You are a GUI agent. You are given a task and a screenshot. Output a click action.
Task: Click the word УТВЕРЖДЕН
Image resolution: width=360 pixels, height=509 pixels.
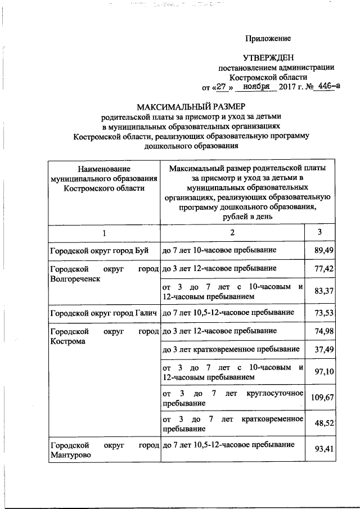tap(268, 58)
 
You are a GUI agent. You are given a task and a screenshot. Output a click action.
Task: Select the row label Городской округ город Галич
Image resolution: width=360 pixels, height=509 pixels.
tap(102, 312)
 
